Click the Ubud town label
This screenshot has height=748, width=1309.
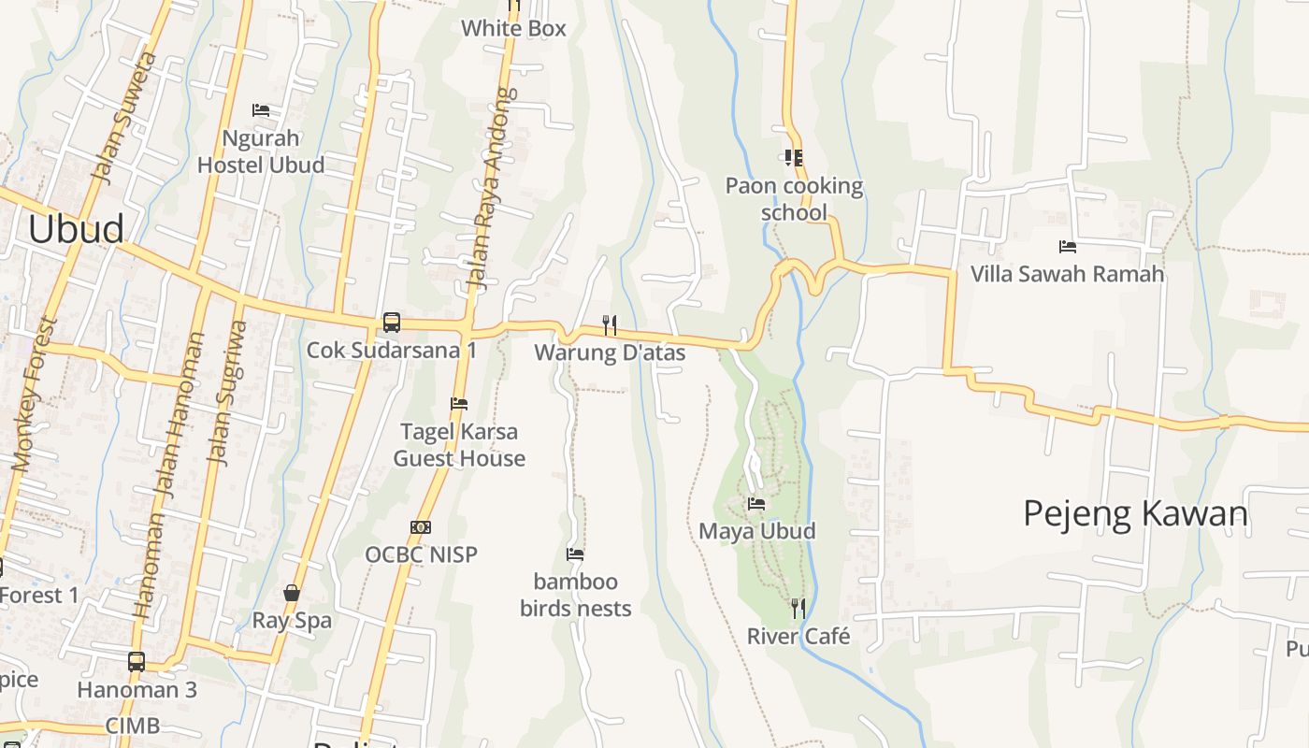pyautogui.click(x=76, y=229)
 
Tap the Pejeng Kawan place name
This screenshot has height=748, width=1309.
pyautogui.click(x=1135, y=513)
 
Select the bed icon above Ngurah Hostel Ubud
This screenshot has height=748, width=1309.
pyautogui.click(x=261, y=110)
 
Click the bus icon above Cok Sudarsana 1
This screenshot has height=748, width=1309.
pyautogui.click(x=392, y=323)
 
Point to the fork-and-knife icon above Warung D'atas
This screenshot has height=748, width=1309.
pyautogui.click(x=610, y=324)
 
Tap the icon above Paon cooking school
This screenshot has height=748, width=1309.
pyautogui.click(x=794, y=158)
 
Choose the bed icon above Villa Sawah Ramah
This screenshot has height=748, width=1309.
pyautogui.click(x=1068, y=247)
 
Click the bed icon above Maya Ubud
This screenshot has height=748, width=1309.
pyautogui.click(x=756, y=504)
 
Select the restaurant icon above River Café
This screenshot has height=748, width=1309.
pyautogui.click(x=798, y=609)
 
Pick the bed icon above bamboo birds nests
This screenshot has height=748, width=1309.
pyautogui.click(x=575, y=554)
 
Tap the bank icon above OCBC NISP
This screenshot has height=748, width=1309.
pyautogui.click(x=421, y=527)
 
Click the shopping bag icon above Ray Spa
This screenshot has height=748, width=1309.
pyautogui.click(x=292, y=593)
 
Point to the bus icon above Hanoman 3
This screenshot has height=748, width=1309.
pyautogui.click(x=137, y=662)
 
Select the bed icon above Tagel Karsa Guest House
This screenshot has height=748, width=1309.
pyautogui.click(x=459, y=404)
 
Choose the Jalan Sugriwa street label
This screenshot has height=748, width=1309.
pyautogui.click(x=229, y=393)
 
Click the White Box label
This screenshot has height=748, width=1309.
pyautogui.click(x=513, y=28)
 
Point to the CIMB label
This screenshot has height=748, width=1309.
pyautogui.click(x=132, y=726)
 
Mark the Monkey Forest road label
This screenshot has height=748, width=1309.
pyautogui.click(x=36, y=393)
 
